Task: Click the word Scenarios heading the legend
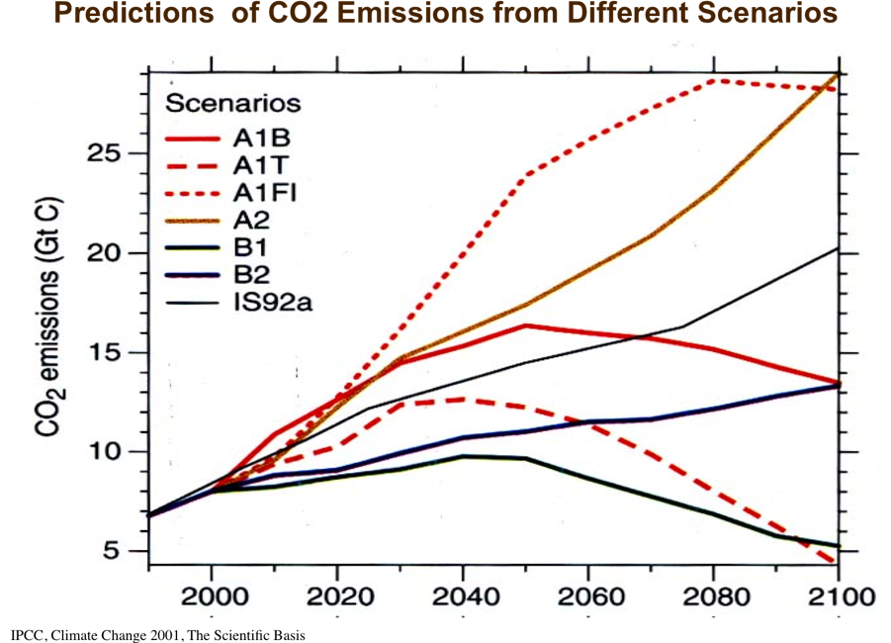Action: tap(233, 103)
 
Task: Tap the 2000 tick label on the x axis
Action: tap(212, 597)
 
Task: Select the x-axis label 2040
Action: tap(463, 597)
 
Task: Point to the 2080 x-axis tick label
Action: tap(714, 597)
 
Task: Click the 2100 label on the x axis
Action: tap(840, 597)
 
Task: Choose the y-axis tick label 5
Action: tap(119, 551)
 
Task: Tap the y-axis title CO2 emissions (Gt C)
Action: tap(52, 318)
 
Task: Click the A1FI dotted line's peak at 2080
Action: tap(714, 80)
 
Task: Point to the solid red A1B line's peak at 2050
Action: tap(526, 324)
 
